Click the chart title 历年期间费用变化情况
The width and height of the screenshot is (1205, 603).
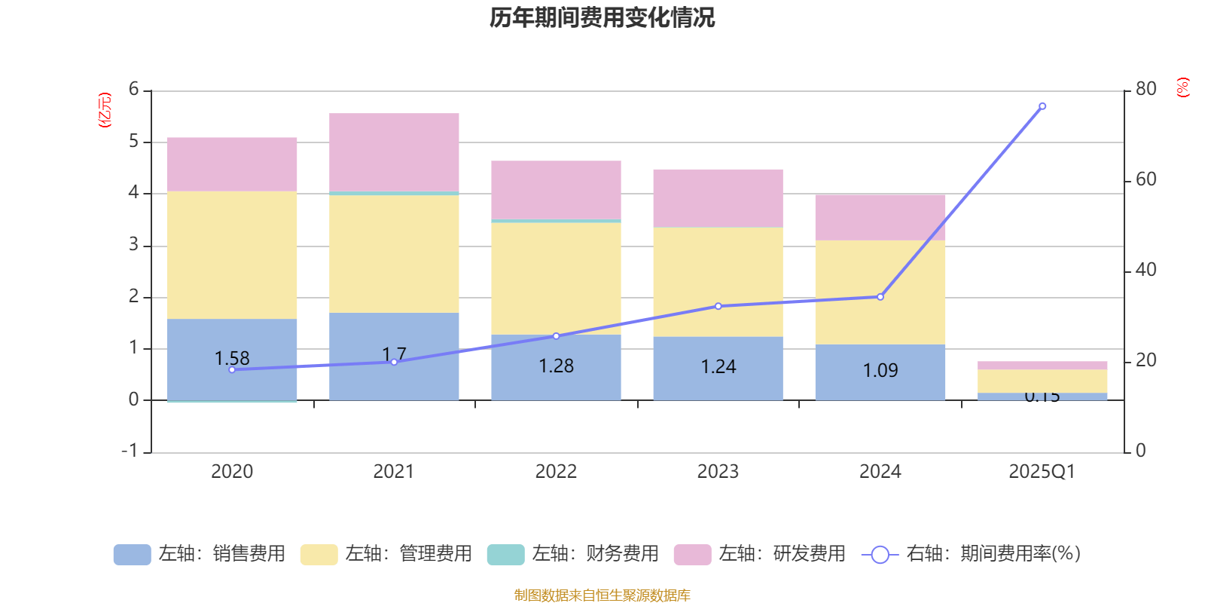tap(602, 17)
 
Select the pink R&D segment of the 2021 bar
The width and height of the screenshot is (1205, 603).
tap(394, 152)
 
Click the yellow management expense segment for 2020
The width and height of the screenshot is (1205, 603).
tap(231, 255)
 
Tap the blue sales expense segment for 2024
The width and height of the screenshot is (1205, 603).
tap(880, 372)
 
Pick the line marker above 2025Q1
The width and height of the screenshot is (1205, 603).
tap(1042, 106)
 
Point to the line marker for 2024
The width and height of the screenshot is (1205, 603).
tap(880, 297)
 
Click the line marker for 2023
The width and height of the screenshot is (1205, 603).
tap(718, 306)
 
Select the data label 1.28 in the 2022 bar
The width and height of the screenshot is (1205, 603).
tap(556, 366)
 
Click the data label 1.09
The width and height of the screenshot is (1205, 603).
tap(880, 370)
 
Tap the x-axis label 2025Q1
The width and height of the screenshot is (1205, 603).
tap(1042, 472)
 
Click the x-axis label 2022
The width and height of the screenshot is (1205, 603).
tap(556, 472)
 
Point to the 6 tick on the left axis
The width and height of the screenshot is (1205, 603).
tap(134, 90)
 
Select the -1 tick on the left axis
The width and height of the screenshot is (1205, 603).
tap(130, 451)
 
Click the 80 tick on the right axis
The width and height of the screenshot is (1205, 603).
tap(1146, 89)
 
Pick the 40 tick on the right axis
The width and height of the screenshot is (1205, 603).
tap(1146, 270)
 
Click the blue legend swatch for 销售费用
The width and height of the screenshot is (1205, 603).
tap(132, 554)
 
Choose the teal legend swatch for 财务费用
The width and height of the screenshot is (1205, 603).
tap(505, 554)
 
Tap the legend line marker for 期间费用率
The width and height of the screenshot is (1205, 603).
tap(880, 555)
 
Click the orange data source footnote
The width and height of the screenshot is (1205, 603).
tap(602, 595)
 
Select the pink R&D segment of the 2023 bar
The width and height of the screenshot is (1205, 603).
tap(718, 198)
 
